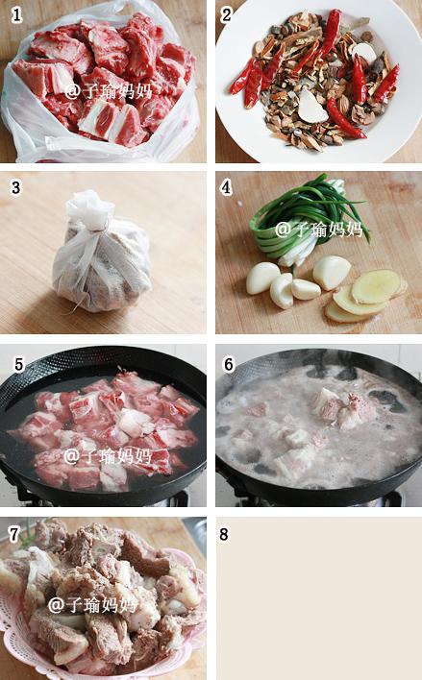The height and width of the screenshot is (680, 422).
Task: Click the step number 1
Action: (x=16, y=15)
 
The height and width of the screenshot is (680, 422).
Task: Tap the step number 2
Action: (x=226, y=15)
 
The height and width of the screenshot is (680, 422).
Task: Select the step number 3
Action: (x=15, y=187)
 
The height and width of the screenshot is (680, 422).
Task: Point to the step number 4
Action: (x=226, y=187)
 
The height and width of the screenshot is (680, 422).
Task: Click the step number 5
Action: (x=18, y=364)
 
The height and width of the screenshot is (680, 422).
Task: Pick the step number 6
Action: (x=229, y=364)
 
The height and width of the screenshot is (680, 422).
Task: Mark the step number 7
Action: (x=14, y=534)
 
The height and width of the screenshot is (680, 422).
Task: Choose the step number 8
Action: (x=224, y=534)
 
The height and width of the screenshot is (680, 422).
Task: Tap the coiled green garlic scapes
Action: (x=304, y=217)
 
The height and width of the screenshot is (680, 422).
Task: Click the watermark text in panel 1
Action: (x=109, y=91)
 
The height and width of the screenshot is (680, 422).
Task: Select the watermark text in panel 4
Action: (x=319, y=230)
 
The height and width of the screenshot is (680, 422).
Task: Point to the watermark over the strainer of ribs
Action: (x=92, y=604)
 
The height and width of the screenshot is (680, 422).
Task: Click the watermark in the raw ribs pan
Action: (x=108, y=456)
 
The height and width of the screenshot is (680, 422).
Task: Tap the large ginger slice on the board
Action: (x=376, y=286)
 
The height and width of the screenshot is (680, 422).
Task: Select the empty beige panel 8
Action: (x=319, y=598)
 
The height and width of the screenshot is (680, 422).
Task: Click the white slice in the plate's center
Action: (x=312, y=107)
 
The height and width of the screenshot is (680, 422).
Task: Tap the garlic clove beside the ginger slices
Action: (x=332, y=272)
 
